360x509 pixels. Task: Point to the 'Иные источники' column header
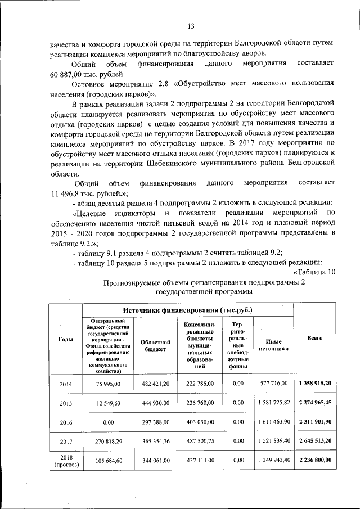click(274, 345)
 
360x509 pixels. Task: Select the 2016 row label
click(65, 421)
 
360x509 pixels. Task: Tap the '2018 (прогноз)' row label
click(65, 460)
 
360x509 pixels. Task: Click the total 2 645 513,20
click(314, 440)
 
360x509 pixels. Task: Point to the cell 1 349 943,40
click(274, 460)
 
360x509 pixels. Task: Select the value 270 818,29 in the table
click(109, 440)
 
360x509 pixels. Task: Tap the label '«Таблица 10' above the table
click(313, 272)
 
